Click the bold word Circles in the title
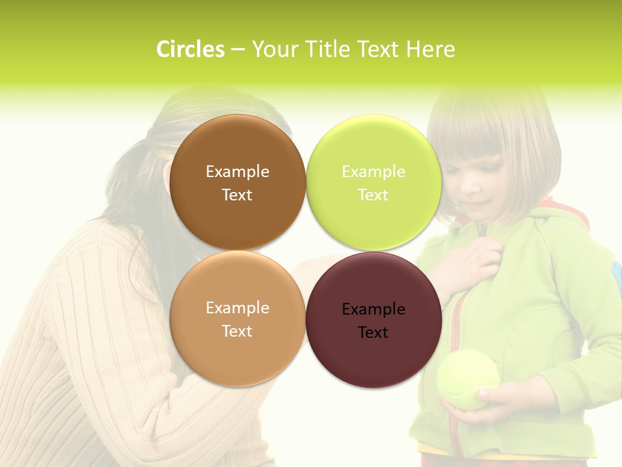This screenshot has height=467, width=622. tap(190, 49)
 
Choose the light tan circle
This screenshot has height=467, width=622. tap(237, 350)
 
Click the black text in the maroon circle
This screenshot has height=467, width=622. tap(373, 321)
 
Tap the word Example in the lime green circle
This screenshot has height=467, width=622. tap(373, 172)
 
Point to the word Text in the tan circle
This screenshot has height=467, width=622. tap(237, 331)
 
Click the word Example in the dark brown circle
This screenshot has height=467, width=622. tap(237, 172)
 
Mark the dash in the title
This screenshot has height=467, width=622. tap(238, 50)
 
